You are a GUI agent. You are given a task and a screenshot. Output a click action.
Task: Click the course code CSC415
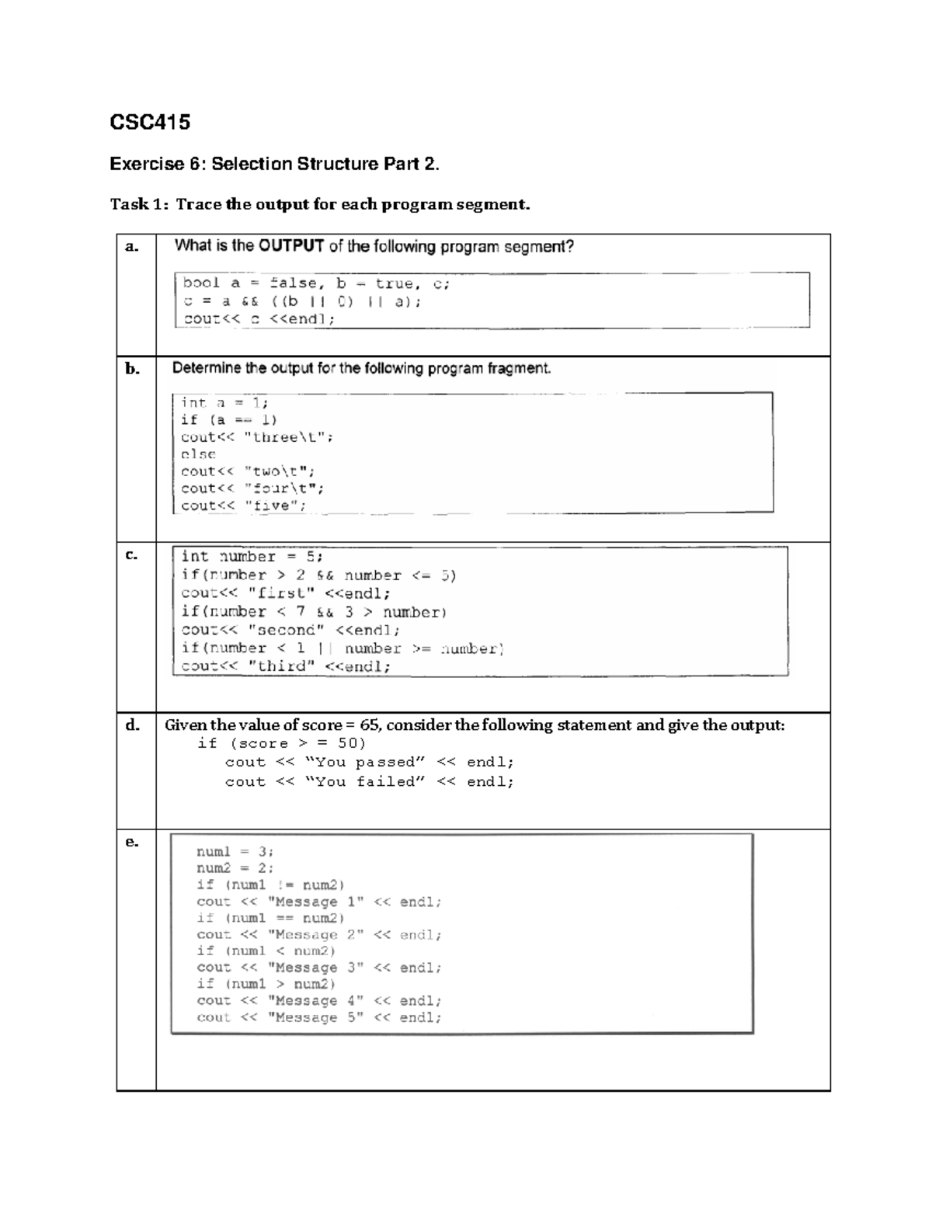point(150,123)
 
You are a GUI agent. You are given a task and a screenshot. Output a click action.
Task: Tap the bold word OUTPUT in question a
point(291,246)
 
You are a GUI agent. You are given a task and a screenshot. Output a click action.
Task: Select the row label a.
point(132,247)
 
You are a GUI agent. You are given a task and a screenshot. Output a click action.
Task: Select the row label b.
point(133,369)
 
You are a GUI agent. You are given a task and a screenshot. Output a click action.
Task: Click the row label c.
point(132,554)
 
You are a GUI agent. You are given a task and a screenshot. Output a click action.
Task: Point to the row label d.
point(133,725)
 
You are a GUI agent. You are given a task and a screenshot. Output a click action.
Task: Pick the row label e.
point(132,842)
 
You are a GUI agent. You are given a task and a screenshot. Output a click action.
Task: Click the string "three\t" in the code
point(287,437)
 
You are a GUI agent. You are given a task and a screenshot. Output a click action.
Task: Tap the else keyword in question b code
point(198,454)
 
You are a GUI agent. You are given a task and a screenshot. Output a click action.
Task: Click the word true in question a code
point(395,283)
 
